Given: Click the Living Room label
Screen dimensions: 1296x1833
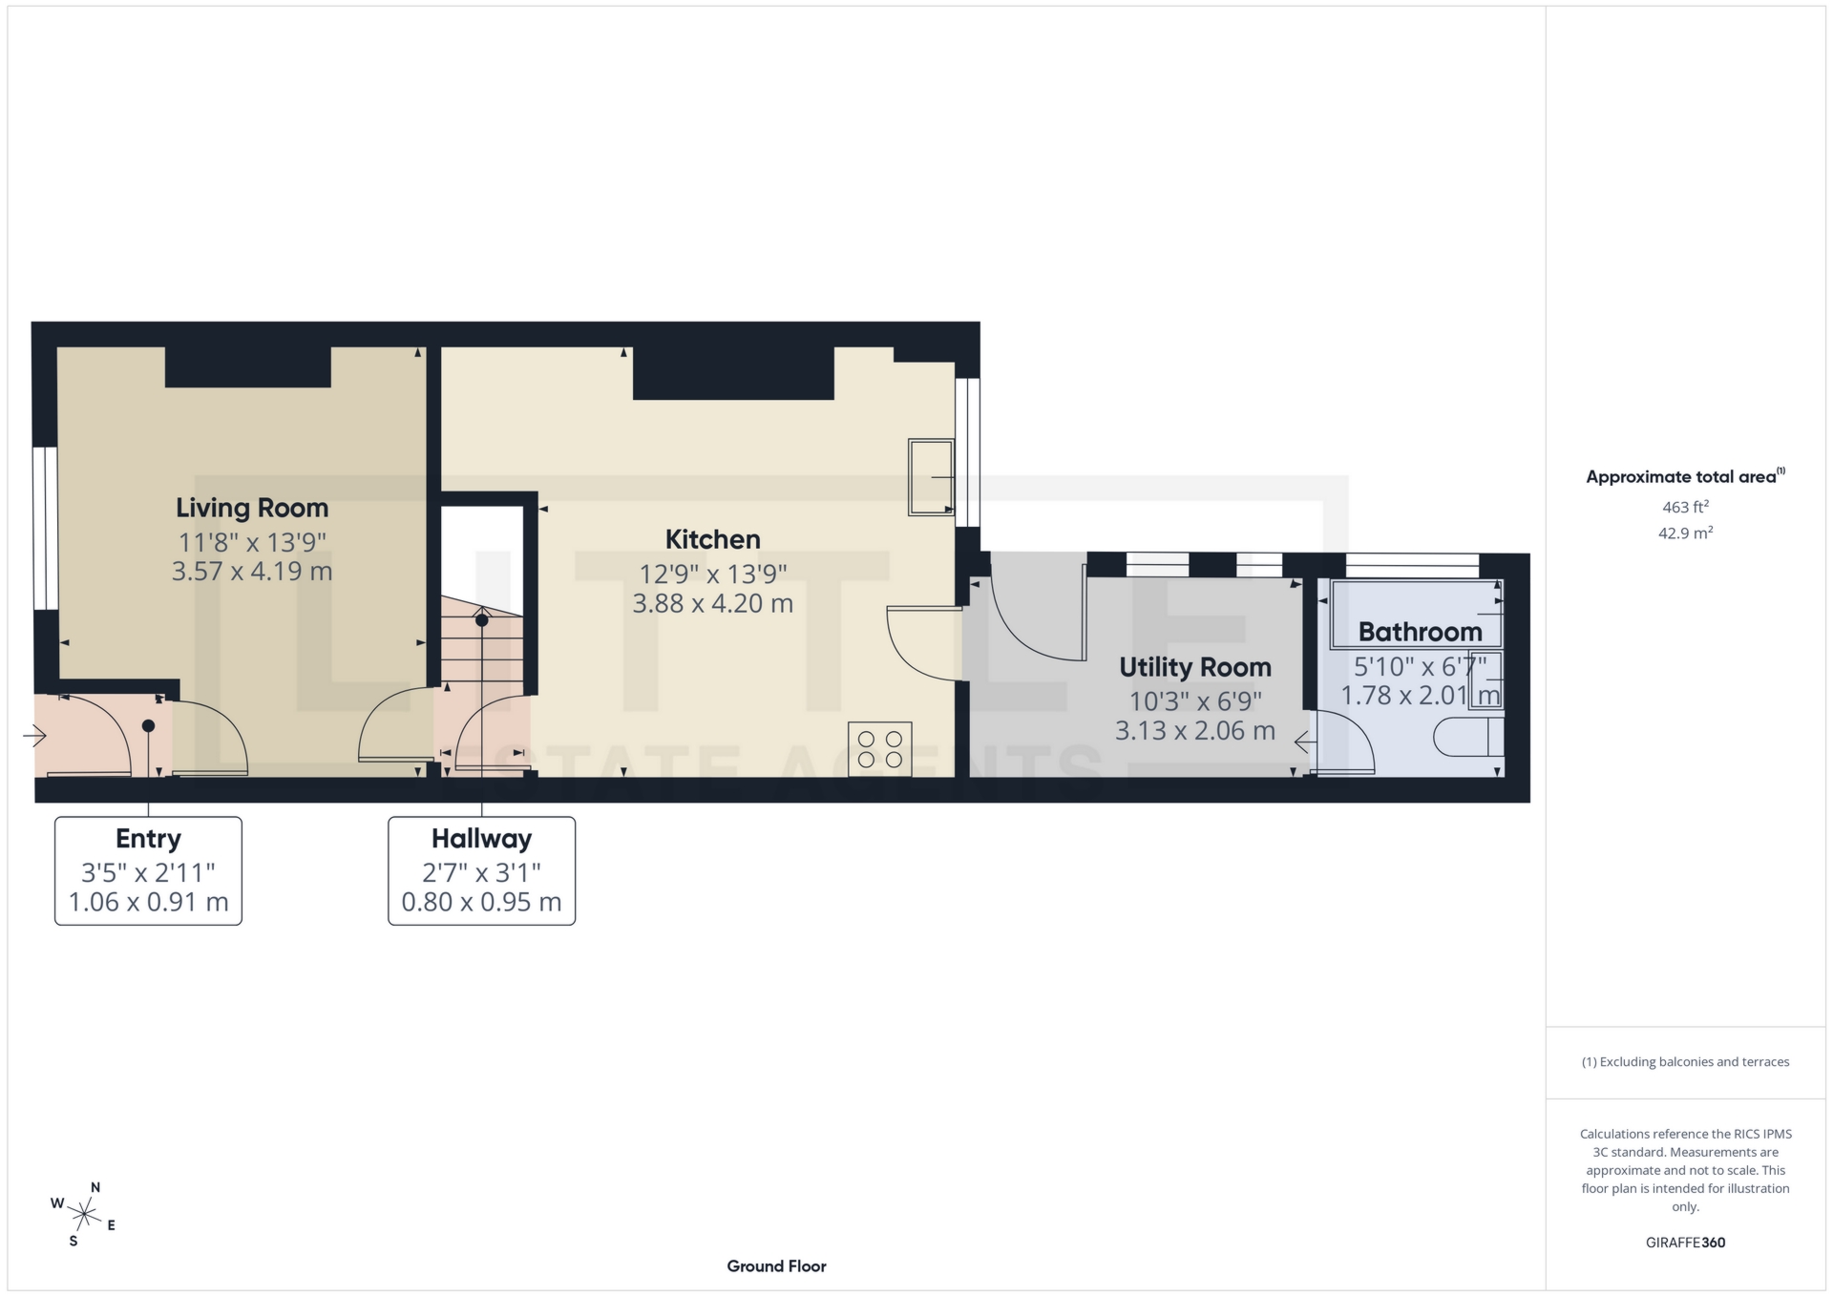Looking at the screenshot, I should (x=252, y=508).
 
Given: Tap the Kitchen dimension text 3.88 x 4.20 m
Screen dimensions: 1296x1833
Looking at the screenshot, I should (x=712, y=603).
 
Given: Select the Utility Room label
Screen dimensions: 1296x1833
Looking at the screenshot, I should (x=1194, y=667).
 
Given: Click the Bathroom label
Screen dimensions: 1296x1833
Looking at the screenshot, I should (x=1420, y=632).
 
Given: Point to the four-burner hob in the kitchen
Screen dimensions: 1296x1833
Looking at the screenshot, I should (x=879, y=748).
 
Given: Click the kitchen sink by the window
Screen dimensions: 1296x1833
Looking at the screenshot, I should (x=931, y=476).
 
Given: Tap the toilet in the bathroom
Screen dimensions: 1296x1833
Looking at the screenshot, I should (x=1467, y=738).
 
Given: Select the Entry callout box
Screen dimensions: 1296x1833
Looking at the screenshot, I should (x=148, y=870).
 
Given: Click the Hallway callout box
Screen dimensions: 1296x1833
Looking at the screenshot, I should (x=481, y=870).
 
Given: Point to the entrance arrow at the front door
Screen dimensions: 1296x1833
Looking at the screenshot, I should (x=35, y=736).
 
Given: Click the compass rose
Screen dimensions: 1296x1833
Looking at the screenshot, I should (x=84, y=1214).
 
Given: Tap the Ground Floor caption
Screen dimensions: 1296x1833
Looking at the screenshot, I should (x=776, y=1266).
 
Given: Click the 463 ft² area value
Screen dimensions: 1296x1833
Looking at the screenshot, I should (x=1685, y=507).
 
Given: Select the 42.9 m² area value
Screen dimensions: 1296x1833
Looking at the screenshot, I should (x=1685, y=533).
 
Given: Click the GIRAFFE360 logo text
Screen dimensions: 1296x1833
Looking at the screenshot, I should (x=1685, y=1243).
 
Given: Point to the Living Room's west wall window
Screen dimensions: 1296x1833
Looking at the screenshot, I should (x=45, y=528).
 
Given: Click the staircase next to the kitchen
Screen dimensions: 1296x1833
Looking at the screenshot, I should (x=482, y=649).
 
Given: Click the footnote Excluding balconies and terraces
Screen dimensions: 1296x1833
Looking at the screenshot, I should (x=1685, y=1062).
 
